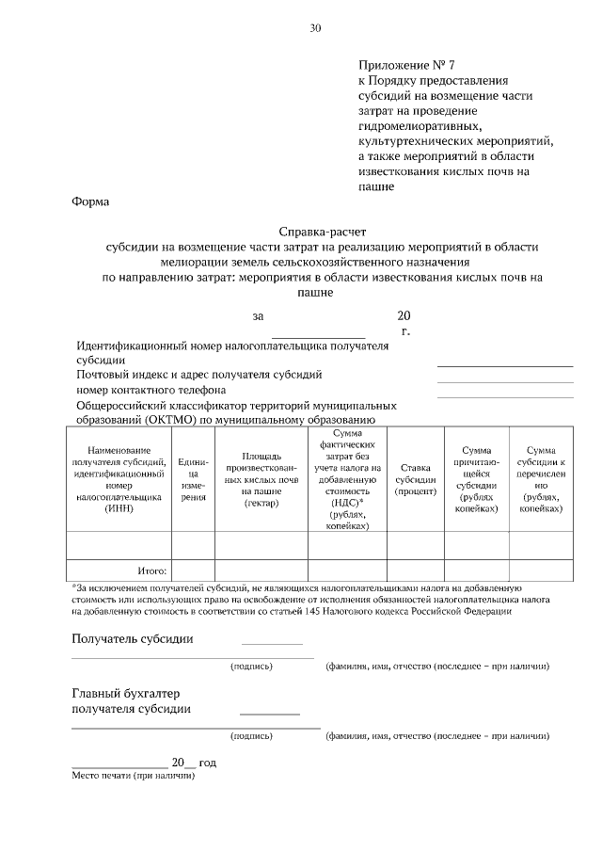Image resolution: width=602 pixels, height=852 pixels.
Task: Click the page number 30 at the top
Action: (315, 28)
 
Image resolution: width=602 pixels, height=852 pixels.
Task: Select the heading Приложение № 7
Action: (405, 66)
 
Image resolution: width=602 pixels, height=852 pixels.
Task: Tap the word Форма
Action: (90, 201)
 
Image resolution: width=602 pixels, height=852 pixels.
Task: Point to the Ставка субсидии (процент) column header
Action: (415, 478)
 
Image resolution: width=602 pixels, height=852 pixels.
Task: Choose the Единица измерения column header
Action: (193, 478)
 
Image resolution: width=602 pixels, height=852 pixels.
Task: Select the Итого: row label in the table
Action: (152, 571)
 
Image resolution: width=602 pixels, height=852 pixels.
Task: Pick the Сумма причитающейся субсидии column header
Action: (476, 478)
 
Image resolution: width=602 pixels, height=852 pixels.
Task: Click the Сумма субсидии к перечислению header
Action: (541, 478)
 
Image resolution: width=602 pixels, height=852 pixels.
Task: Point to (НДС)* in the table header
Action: (348, 503)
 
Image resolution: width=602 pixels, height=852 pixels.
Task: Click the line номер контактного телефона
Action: (150, 389)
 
